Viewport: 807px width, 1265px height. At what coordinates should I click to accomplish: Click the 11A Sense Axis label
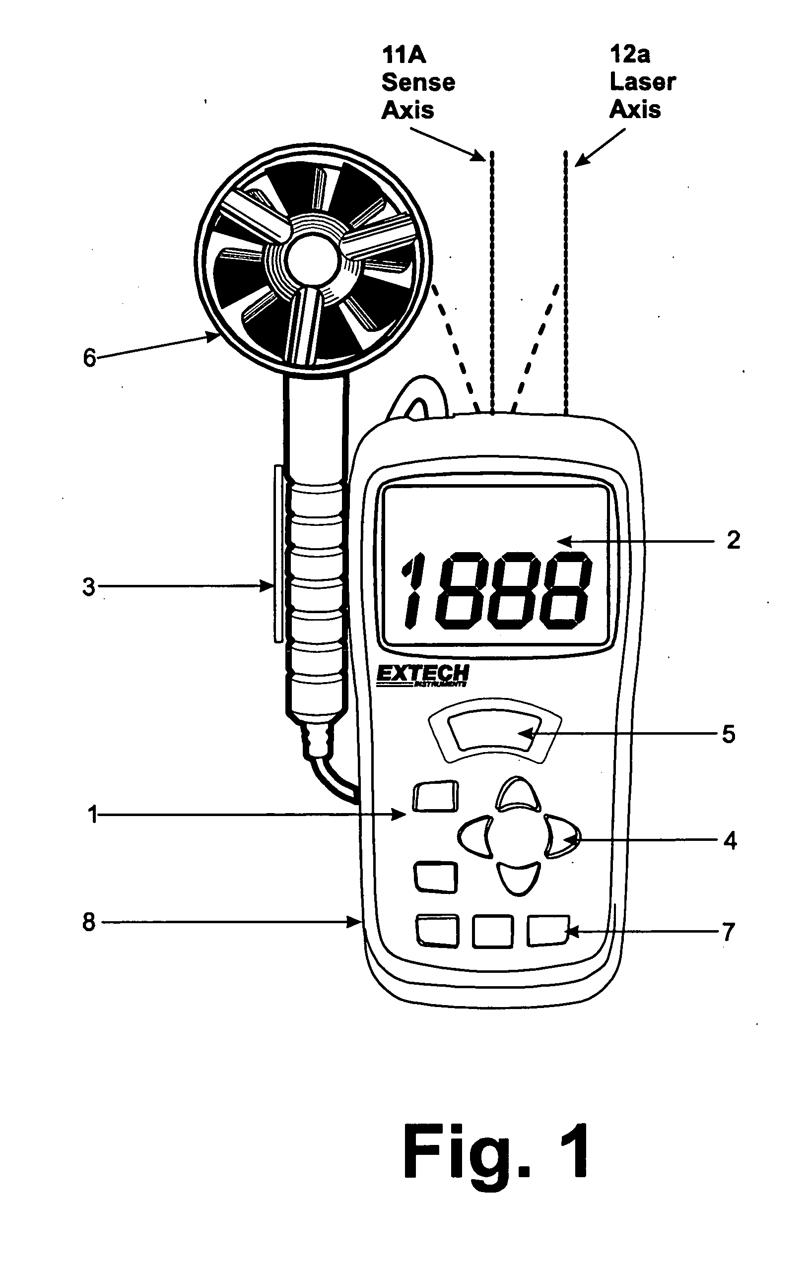[418, 83]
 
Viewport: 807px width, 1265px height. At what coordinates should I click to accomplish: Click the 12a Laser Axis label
[642, 82]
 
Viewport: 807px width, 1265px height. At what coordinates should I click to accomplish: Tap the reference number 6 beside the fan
[90, 358]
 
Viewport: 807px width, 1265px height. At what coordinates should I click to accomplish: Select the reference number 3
[89, 587]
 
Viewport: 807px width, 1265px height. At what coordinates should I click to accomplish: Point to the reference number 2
[734, 540]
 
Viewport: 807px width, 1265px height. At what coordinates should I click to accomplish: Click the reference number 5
[728, 734]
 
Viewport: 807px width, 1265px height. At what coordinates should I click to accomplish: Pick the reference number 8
[89, 921]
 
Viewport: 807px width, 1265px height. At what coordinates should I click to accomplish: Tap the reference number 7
[728, 932]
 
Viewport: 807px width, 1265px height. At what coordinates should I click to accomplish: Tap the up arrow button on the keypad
[518, 794]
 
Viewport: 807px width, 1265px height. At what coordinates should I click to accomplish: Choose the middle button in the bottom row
[493, 932]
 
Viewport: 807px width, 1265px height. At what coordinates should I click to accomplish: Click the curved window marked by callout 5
[495, 730]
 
